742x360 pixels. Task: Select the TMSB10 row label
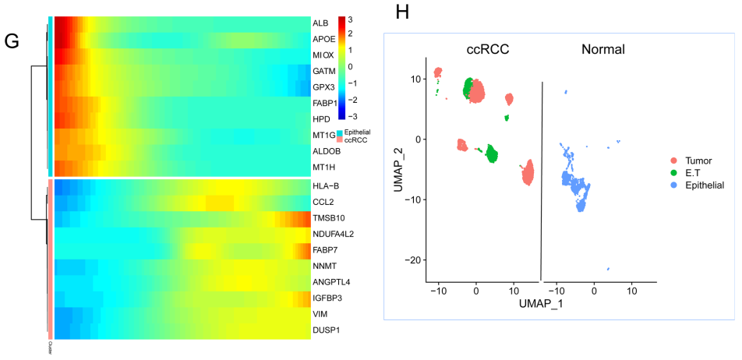[x=327, y=217]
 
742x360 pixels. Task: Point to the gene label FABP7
[x=324, y=249]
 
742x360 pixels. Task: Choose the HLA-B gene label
[x=325, y=185]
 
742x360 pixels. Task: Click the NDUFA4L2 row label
[x=333, y=234]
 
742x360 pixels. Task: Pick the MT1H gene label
[x=323, y=167]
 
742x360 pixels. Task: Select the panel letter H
[x=403, y=12]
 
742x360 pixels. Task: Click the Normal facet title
[x=602, y=50]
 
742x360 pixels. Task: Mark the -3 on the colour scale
[x=353, y=116]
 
